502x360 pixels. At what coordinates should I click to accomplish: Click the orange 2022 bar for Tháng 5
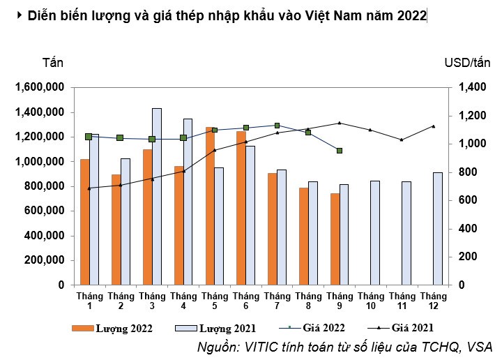[210, 206]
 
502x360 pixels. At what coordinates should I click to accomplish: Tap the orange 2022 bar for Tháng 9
[335, 239]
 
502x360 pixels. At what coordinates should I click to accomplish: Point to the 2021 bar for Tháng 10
[375, 232]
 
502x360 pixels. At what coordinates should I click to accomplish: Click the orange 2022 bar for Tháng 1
[85, 222]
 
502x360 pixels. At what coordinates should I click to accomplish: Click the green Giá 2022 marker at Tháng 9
[340, 151]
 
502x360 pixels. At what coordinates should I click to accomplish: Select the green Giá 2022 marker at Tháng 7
[277, 126]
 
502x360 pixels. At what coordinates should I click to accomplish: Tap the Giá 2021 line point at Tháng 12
[434, 126]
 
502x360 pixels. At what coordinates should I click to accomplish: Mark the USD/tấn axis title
[468, 62]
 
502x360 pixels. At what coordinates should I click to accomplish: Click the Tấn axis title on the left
[53, 62]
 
